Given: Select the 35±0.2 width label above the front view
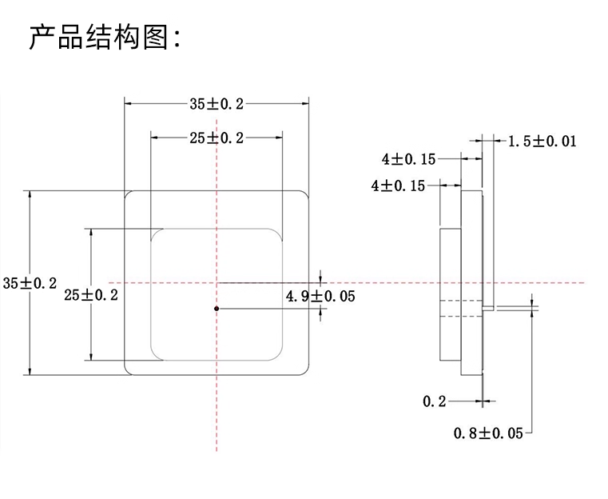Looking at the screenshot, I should (x=216, y=102).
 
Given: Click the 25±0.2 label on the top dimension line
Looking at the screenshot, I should (x=216, y=138).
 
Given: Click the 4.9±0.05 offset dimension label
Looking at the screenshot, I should (x=320, y=296).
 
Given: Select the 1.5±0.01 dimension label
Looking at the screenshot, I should (x=542, y=142).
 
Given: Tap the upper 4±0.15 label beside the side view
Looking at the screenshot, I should (x=408, y=159).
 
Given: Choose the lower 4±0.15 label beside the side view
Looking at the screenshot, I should (x=398, y=186).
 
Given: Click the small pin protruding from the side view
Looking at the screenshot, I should (x=490, y=307).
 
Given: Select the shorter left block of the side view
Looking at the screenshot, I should (x=451, y=294).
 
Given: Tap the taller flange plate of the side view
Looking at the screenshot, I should (x=472, y=282).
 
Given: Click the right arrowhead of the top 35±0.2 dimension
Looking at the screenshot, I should (x=305, y=102).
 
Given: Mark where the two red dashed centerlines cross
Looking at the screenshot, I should (x=217, y=282).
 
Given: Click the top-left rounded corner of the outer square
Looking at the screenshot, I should (x=128, y=194).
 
